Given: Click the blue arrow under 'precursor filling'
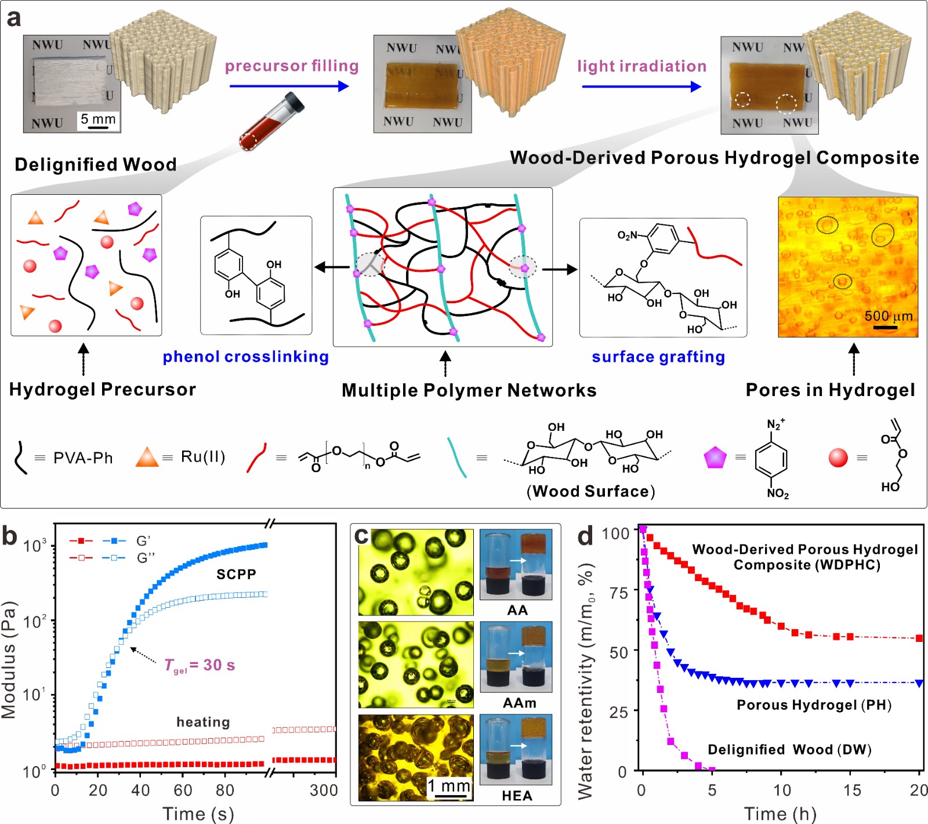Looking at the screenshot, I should click(289, 86).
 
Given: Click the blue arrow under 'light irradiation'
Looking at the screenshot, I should click(641, 87).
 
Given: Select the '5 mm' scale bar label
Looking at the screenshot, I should click(98, 119).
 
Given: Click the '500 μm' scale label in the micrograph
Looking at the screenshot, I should click(888, 316).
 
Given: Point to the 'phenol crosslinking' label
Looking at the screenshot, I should click(245, 357).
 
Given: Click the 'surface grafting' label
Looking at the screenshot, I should click(658, 357).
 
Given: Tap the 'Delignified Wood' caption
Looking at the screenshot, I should click(96, 164).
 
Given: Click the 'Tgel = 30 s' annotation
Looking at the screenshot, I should click(200, 665).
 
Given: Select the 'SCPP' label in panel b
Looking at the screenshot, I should click(236, 574).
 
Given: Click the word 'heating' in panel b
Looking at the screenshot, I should click(203, 722).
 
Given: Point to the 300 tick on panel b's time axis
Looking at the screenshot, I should click(324, 790).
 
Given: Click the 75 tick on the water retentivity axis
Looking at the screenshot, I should click(619, 593).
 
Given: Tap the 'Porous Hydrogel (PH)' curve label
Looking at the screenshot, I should click(814, 705).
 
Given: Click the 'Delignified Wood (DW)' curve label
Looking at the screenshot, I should click(789, 749).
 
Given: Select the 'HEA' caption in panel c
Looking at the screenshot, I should click(517, 796).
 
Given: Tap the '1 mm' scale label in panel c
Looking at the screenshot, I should click(448, 786).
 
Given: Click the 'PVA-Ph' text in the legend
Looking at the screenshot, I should click(83, 458).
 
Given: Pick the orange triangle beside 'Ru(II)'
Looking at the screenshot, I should click(147, 457).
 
